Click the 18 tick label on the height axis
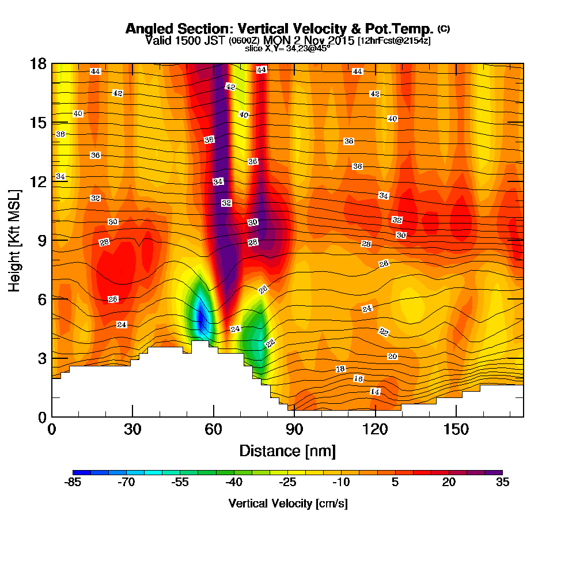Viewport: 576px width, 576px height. pos(38,63)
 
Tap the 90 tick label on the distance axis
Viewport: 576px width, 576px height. pos(294,430)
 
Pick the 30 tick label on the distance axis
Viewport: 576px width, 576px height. pos(132,430)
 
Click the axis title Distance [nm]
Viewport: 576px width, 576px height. pos(287,450)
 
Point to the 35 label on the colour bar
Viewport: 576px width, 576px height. pos(502,483)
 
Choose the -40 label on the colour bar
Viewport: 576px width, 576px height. pos(234,483)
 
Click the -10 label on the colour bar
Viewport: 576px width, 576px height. pos(341,483)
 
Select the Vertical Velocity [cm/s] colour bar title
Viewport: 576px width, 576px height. pos(287,503)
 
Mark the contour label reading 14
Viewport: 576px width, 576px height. pos(375,392)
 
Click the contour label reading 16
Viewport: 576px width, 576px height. pos(358,378)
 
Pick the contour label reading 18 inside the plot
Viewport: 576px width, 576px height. pos(340,369)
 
